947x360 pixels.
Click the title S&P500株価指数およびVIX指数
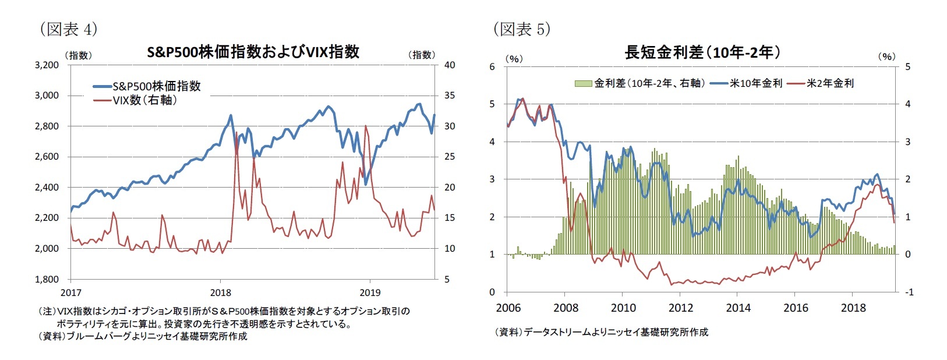253,52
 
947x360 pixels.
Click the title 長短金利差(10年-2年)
702,52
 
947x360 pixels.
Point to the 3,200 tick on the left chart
47,65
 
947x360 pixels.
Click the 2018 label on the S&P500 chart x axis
220,292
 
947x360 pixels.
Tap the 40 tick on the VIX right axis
450,65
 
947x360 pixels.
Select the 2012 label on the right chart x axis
680,308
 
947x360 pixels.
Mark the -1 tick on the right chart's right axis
909,292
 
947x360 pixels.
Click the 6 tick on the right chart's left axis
492,66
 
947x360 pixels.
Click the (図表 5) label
521,29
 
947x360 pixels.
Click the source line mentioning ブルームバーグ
143,336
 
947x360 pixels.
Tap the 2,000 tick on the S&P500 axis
47,249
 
